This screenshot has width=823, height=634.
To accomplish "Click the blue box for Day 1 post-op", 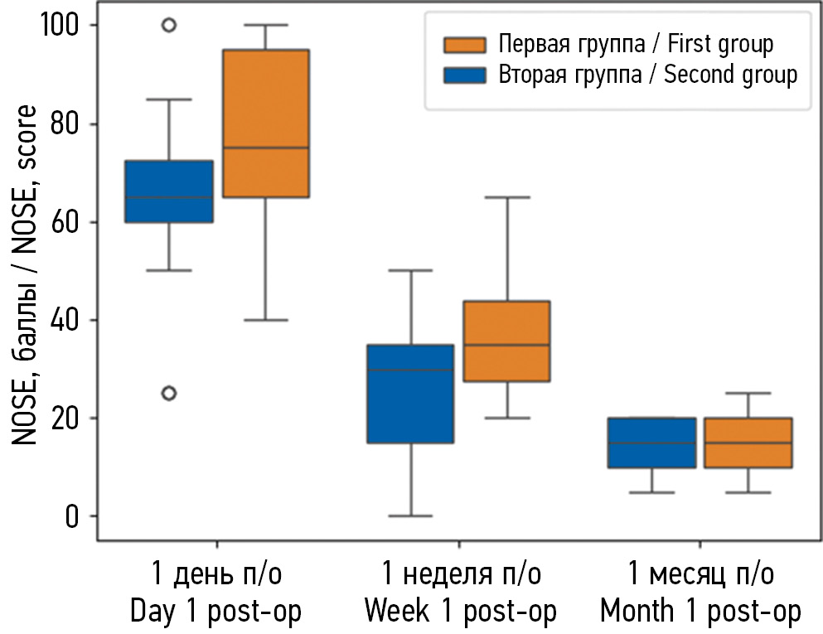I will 168,191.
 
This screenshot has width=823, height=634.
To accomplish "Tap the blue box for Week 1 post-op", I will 410,394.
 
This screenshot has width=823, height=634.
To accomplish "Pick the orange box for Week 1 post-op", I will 506,341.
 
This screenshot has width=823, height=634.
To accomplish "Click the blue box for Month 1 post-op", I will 651,443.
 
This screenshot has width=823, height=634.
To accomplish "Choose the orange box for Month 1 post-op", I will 748,443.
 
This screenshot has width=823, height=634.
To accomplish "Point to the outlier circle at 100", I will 168,25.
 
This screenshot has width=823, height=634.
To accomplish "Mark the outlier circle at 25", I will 168,393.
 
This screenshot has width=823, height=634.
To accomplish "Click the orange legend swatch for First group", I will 465,43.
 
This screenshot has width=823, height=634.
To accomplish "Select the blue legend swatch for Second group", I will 465,75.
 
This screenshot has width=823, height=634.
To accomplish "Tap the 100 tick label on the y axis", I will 61,26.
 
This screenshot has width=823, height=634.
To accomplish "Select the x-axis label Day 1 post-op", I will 216,593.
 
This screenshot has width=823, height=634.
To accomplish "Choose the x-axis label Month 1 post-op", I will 700,593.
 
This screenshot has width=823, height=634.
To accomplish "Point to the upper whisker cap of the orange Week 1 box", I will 506,197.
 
